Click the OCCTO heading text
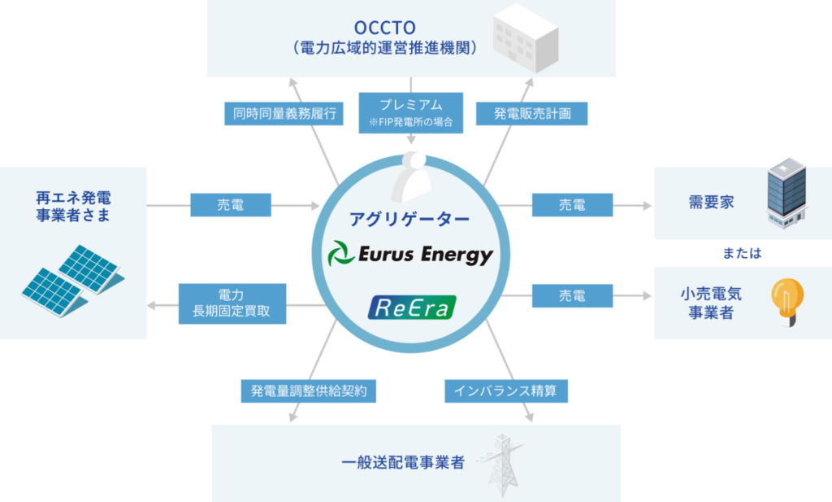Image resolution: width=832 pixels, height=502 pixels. (x=385, y=25)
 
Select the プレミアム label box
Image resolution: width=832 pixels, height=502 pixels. (x=410, y=112)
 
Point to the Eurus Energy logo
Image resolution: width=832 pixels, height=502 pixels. (x=410, y=255)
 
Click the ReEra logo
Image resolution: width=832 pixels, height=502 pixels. (x=412, y=307)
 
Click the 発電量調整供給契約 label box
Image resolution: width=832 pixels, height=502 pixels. (x=310, y=391)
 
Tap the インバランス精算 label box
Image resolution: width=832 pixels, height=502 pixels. (x=506, y=391)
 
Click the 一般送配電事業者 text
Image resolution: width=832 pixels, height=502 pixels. (x=403, y=463)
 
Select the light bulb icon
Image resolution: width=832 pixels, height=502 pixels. (x=786, y=302)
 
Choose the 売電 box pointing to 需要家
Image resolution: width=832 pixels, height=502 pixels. (x=572, y=206)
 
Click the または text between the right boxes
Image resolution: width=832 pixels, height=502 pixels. (x=743, y=253)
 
